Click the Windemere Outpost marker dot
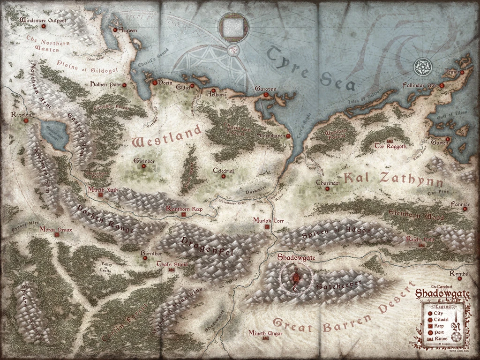pyautogui.click(x=44, y=27)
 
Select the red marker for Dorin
pyautogui.click(x=155, y=82)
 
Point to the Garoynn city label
pyautogui.click(x=266, y=89)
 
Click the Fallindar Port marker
pyautogui.click(x=442, y=86)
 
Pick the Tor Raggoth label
pyautogui.click(x=390, y=146)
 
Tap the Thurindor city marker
pyautogui.click(x=327, y=189)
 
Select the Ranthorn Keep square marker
pyautogui.click(x=183, y=215)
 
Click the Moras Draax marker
pyautogui.click(x=57, y=235)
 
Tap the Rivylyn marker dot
pyautogui.click(x=26, y=120)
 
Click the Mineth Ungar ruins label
pyautogui.click(x=265, y=333)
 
